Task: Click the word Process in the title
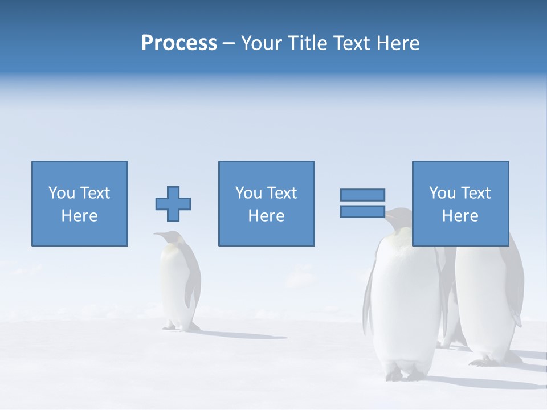pyautogui.click(x=179, y=43)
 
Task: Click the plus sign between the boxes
pyautogui.click(x=173, y=204)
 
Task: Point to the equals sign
pyautogui.click(x=362, y=203)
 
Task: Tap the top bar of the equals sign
pyautogui.click(x=362, y=195)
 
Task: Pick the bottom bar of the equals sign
pyautogui.click(x=362, y=212)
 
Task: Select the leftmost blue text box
pyautogui.click(x=79, y=203)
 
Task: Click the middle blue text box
pyautogui.click(x=266, y=203)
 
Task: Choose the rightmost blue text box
pyautogui.click(x=460, y=203)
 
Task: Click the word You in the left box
pyautogui.click(x=62, y=193)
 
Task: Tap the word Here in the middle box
pyautogui.click(x=266, y=216)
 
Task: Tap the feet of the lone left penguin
pyautogui.click(x=177, y=327)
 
